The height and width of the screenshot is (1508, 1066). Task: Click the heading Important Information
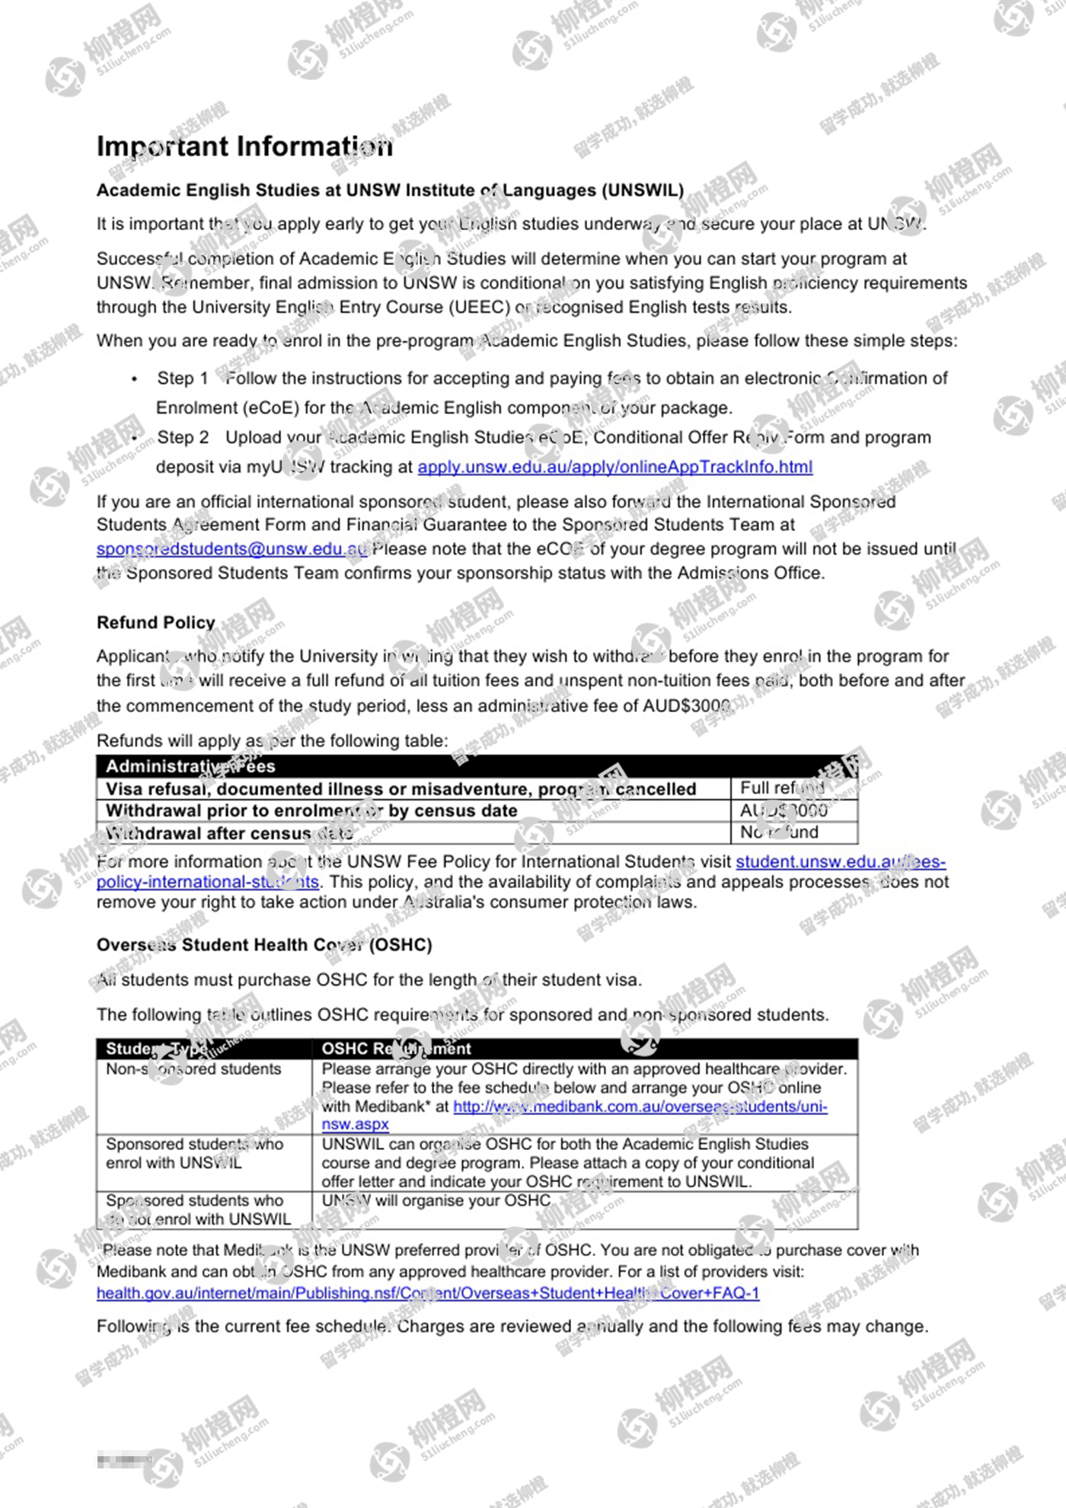tap(244, 146)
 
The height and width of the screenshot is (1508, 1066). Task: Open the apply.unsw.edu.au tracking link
tap(614, 467)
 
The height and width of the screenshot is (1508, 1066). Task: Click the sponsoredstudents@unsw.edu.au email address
tap(231, 549)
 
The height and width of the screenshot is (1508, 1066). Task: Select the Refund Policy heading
tap(156, 623)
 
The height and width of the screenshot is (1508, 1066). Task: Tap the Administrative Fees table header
tap(190, 766)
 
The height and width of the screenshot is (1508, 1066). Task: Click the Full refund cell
tap(782, 788)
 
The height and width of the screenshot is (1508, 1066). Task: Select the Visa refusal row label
tap(401, 789)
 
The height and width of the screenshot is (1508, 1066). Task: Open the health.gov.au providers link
tap(427, 1293)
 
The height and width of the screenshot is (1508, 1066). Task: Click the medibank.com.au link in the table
tap(640, 1107)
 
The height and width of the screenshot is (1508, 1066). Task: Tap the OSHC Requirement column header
tap(396, 1049)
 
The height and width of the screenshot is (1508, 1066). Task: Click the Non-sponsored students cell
tap(193, 1069)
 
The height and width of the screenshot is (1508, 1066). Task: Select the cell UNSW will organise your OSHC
tap(436, 1201)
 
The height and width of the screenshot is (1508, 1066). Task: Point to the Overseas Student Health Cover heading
tap(263, 945)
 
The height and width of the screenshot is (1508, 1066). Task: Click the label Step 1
tap(182, 379)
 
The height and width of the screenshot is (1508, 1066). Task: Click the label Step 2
tap(183, 438)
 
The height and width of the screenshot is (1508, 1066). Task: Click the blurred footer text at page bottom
tap(123, 1461)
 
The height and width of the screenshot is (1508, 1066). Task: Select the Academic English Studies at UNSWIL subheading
tap(390, 190)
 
